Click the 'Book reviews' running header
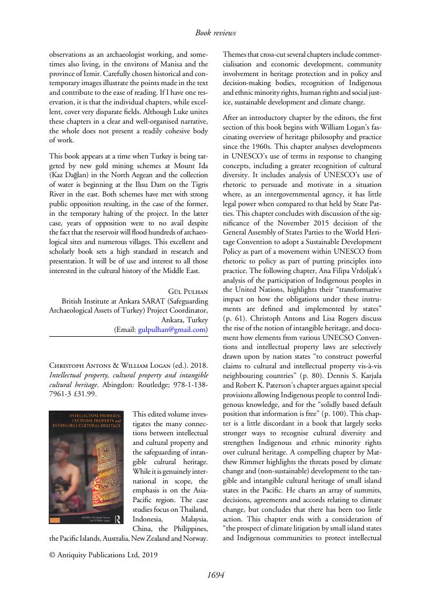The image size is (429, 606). tap(215, 33)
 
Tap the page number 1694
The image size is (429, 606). tap(215, 575)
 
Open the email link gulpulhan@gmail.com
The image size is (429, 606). tap(172, 330)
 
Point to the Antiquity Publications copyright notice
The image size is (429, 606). tap(103, 555)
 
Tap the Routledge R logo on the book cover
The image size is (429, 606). tap(118, 518)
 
